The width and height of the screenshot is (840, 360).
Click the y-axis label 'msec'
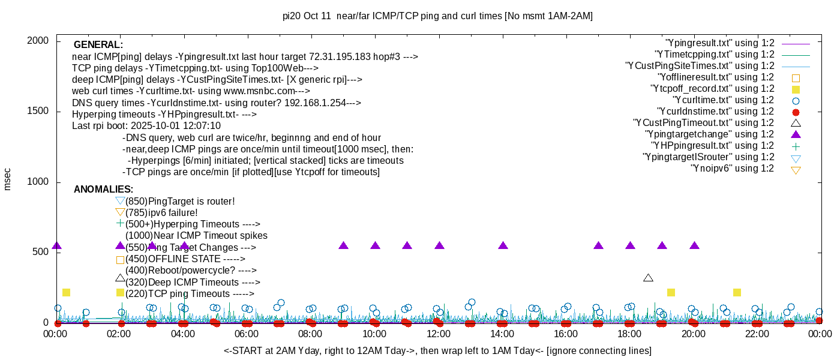[x=8, y=179]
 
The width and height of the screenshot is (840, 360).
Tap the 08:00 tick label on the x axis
[x=310, y=334]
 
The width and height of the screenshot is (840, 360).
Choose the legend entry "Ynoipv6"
[x=732, y=169]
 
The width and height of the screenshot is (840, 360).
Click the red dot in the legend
[x=796, y=112]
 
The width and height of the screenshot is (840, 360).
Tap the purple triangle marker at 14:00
[x=503, y=245]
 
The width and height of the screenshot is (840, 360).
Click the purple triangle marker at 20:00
[x=694, y=245]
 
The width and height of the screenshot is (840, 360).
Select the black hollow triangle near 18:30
[x=648, y=277]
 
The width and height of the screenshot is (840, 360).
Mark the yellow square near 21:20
[x=737, y=293]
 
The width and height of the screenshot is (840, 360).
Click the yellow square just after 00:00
[x=67, y=293]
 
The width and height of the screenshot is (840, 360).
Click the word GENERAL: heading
[x=98, y=45]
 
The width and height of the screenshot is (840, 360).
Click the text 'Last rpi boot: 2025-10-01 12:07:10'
[x=146, y=126]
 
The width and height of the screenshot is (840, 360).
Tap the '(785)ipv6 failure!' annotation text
[x=161, y=212]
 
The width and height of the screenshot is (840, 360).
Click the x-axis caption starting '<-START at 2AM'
[x=437, y=350]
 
